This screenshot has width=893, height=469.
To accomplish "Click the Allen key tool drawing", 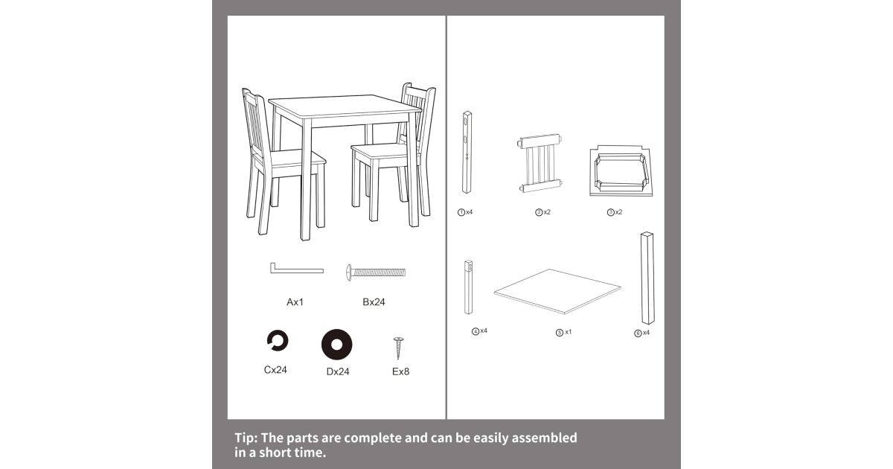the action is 297,271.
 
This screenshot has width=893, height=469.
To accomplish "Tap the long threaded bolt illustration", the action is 376,272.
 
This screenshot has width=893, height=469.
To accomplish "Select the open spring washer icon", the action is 278,341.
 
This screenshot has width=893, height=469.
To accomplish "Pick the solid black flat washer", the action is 337,345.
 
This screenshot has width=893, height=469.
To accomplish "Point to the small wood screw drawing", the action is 398,348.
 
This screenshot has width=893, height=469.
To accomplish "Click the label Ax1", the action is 295,302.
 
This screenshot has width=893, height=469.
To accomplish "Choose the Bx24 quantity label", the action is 374,302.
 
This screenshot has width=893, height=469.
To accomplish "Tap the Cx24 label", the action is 275,370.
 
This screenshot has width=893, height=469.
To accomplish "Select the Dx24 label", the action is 338,371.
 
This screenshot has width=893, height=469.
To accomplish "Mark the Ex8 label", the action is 400,371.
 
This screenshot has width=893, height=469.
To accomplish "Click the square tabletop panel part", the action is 557,292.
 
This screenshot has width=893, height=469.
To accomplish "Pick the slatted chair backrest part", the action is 540,163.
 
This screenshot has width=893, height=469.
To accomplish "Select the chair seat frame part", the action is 621,171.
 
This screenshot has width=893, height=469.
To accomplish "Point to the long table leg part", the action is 647,278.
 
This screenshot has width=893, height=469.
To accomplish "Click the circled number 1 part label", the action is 461,213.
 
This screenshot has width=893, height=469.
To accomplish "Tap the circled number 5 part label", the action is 560,333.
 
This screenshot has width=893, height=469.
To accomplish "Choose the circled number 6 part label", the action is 638,334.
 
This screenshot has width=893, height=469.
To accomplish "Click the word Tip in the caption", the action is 246,438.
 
